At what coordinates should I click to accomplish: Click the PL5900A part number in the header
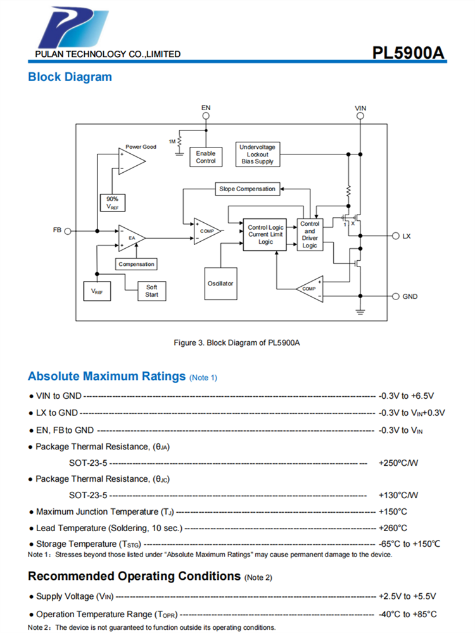408,53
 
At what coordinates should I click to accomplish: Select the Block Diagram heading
70,77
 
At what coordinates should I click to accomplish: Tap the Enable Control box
205,157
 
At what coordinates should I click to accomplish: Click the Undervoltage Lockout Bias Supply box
257,154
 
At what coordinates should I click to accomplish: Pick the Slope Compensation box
247,189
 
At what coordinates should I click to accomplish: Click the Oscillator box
220,283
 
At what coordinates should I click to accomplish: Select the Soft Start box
151,291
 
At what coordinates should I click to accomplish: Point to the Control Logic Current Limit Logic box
266,234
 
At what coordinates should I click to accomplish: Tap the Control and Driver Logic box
310,234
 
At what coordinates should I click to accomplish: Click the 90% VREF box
112,203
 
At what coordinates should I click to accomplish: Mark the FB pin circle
68,231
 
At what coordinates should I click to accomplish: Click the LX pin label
407,235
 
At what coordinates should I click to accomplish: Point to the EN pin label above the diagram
206,108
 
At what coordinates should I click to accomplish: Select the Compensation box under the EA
136,264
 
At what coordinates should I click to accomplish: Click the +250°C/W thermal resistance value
398,463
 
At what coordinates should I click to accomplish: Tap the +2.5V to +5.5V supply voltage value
407,596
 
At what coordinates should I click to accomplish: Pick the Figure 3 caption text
237,342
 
